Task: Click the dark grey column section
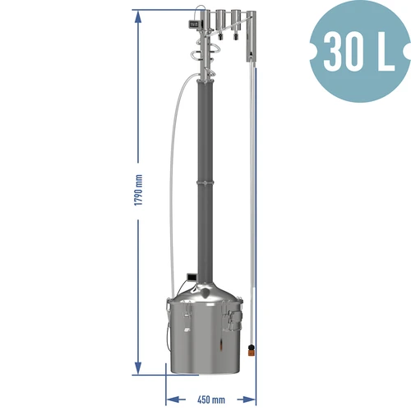tap(203, 132)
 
